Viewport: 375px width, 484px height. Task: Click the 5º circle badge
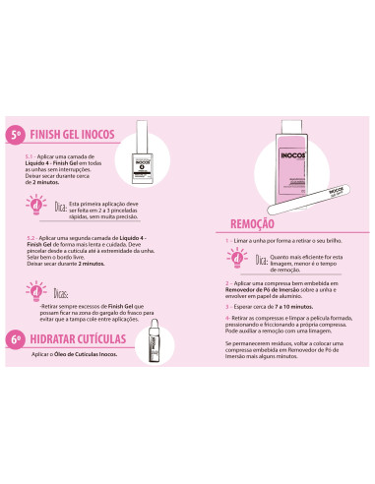pos(15,135)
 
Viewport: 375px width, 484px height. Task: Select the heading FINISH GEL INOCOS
pos(82,134)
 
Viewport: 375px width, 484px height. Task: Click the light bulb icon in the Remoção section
pos(236,261)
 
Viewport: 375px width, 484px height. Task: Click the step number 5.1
pos(31,156)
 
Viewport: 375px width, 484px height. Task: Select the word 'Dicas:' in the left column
pos(61,294)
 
